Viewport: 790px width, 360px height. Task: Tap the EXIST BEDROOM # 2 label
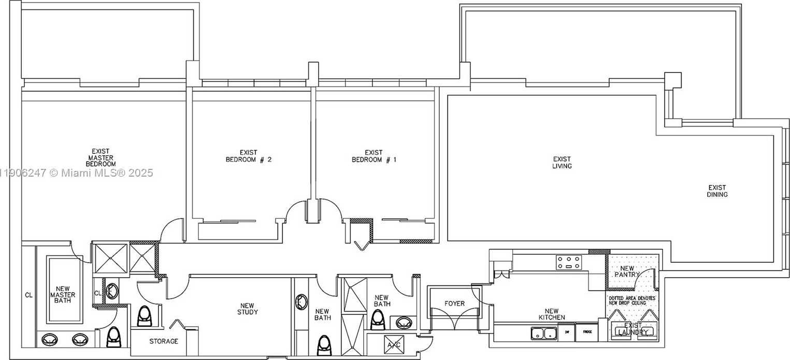[248, 156]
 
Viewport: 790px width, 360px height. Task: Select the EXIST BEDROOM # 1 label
[374, 156]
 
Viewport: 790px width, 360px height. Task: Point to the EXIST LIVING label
[562, 163]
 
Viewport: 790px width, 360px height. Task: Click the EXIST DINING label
[717, 191]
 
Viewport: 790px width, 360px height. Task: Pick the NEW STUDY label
[248, 309]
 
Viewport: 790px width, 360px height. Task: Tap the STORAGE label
[164, 341]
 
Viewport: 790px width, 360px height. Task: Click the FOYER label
[454, 304]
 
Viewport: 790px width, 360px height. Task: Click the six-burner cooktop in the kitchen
[569, 263]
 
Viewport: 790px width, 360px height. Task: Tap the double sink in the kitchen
[543, 333]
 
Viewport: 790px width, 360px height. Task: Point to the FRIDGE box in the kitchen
[586, 332]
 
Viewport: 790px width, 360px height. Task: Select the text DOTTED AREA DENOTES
[631, 298]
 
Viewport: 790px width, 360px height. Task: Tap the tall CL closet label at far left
[28, 295]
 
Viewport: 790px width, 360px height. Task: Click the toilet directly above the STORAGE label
[145, 315]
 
